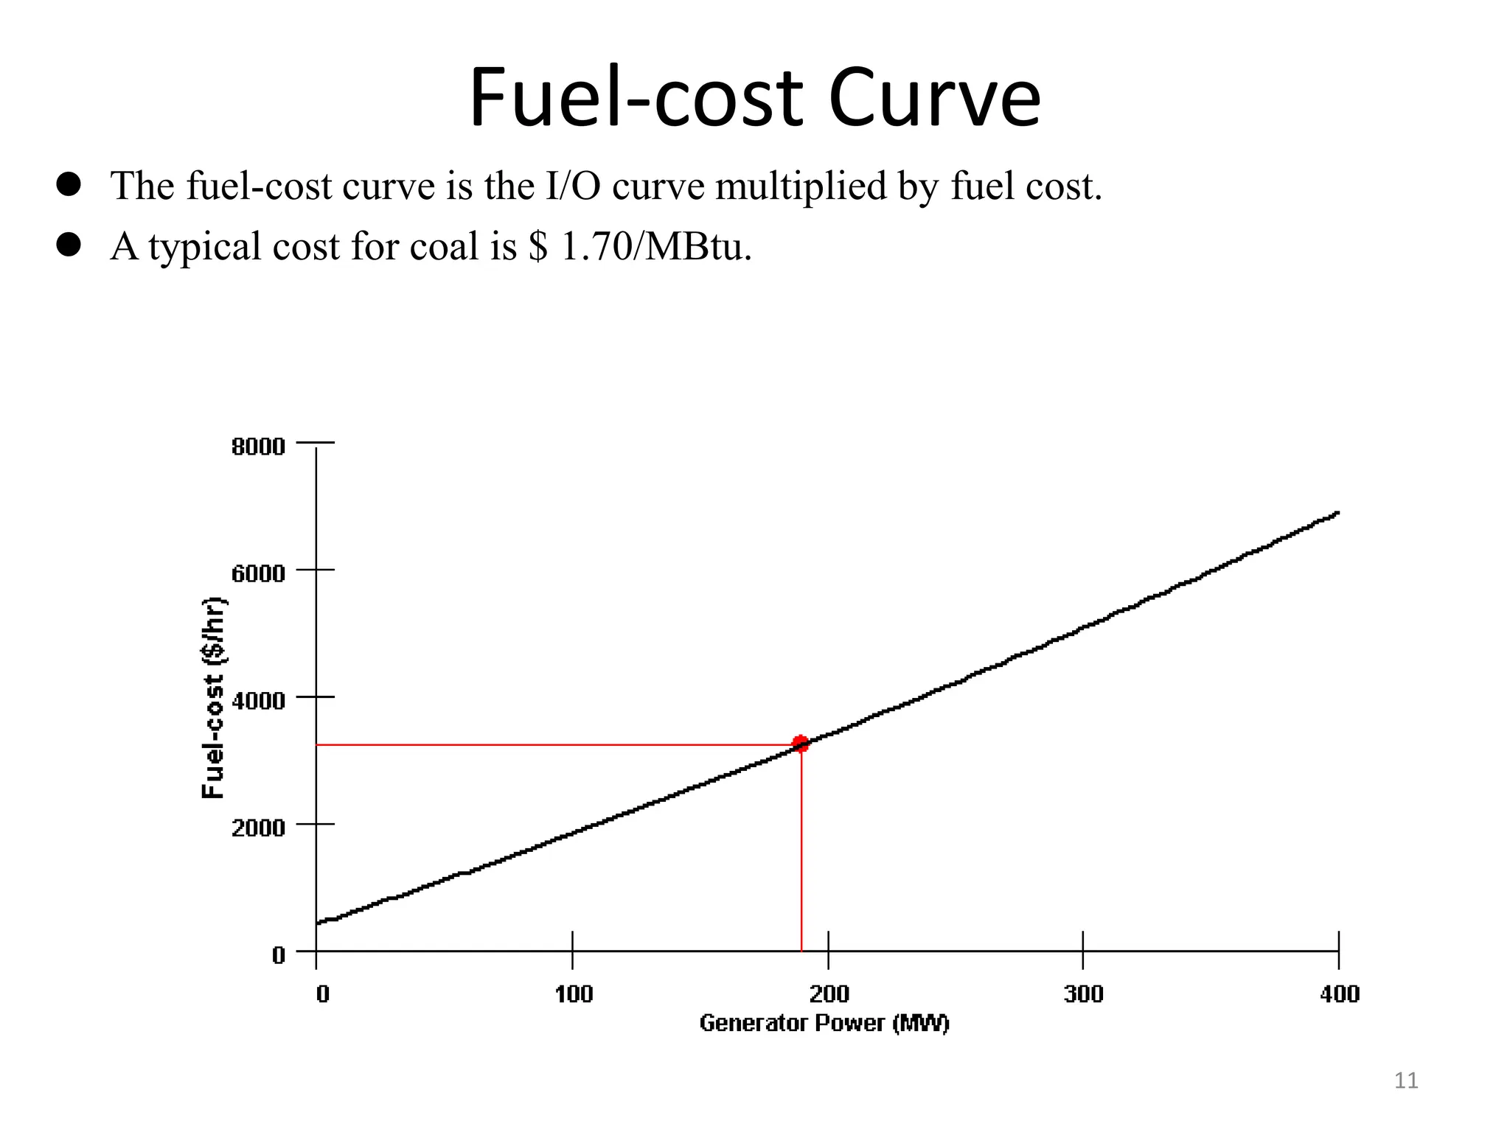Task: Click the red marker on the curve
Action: [x=800, y=744]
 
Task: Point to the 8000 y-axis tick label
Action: [x=258, y=447]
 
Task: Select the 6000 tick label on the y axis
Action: [x=258, y=573]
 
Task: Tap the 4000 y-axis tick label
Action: [x=258, y=700]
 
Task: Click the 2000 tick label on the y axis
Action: [x=258, y=828]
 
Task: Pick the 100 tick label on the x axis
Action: [x=574, y=994]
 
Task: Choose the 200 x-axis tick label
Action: [x=829, y=994]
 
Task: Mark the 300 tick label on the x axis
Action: [x=1083, y=994]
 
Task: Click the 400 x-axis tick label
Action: [x=1339, y=994]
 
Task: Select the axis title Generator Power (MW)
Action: [x=824, y=1023]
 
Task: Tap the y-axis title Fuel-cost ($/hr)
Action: [x=214, y=697]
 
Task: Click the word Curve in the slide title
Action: [x=934, y=98]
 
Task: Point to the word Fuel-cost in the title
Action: [x=636, y=98]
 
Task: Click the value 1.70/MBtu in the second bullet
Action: [x=655, y=246]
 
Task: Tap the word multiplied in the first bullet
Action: [x=801, y=186]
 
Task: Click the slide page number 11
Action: [x=1406, y=1080]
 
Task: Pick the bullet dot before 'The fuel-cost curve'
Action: [x=69, y=184]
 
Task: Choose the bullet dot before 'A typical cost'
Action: [x=69, y=245]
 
